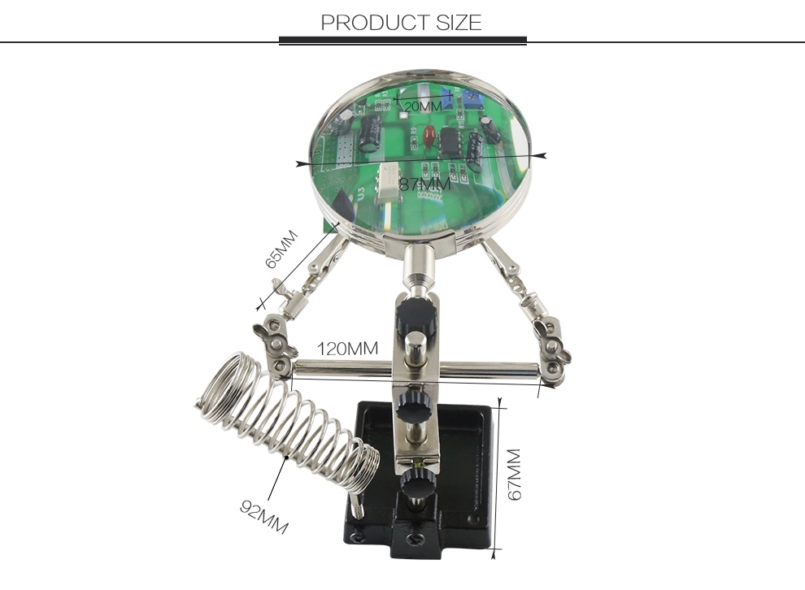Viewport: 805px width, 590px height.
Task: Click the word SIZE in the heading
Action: [459, 23]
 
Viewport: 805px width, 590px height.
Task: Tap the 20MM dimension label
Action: [423, 106]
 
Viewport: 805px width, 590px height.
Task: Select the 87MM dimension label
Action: [424, 184]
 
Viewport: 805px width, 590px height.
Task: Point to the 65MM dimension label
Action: [281, 249]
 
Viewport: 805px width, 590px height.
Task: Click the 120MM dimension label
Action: [347, 349]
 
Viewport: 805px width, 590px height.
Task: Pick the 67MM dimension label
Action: [514, 475]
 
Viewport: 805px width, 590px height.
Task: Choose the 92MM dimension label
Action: [264, 517]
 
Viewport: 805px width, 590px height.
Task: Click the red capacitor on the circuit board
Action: [428, 137]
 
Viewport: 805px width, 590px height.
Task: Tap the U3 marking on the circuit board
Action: [361, 194]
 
